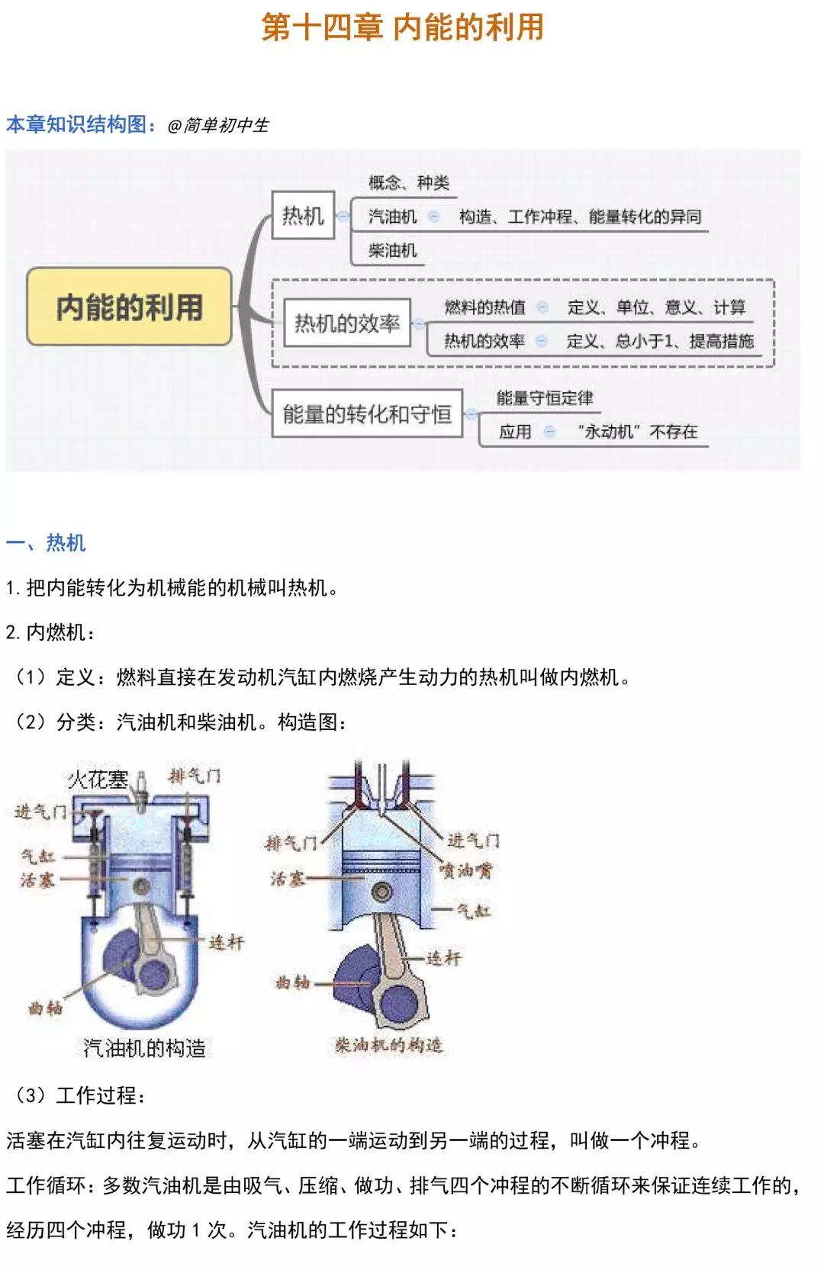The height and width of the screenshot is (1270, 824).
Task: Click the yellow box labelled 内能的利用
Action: click(129, 307)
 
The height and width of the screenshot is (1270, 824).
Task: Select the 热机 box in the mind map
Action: click(303, 216)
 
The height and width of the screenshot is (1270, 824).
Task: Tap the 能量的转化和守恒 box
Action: click(367, 414)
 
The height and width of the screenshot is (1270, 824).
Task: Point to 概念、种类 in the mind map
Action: click(409, 182)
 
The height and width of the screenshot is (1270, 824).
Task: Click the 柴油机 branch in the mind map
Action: click(392, 250)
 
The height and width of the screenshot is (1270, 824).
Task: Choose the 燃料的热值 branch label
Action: click(485, 307)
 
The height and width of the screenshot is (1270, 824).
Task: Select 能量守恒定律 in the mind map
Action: click(545, 397)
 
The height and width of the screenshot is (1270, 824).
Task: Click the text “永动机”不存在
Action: click(638, 432)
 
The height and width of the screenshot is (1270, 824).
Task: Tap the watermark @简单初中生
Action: click(218, 125)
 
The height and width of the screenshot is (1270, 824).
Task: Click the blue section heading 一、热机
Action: click(46, 543)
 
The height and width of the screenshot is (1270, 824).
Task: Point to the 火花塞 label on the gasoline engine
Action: click(98, 779)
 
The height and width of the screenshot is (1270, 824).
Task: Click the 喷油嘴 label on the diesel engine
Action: click(466, 870)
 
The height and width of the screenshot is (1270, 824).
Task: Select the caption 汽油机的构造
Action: click(145, 1048)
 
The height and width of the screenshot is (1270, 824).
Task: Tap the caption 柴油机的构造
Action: click(389, 1044)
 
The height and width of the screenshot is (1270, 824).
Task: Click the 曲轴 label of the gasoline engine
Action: click(45, 1008)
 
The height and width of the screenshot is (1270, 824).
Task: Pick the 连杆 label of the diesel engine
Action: click(443, 957)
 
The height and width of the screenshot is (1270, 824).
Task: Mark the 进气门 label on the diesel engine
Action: click(473, 841)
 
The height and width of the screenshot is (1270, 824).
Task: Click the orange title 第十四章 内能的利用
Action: click(403, 27)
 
